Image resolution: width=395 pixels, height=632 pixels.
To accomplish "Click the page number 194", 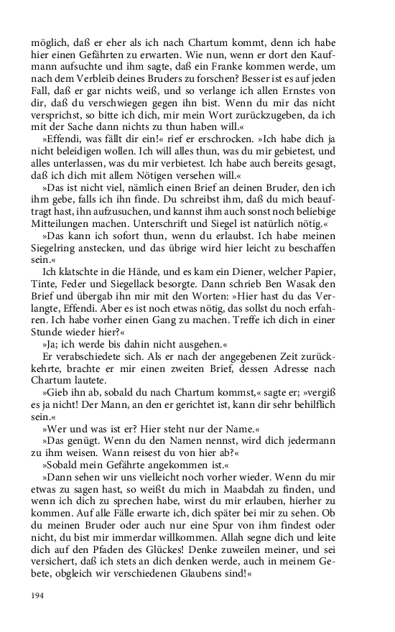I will (38, 596).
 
